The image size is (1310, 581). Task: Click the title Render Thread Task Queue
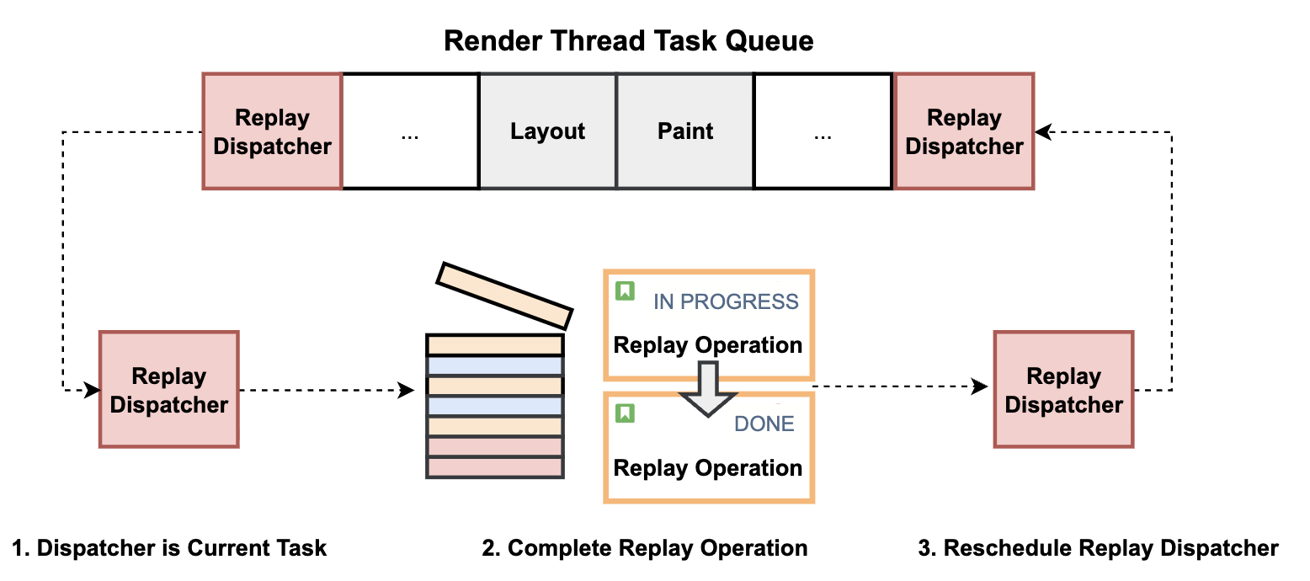(x=628, y=40)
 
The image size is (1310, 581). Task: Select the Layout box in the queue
(x=547, y=131)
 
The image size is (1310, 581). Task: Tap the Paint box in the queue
(x=685, y=131)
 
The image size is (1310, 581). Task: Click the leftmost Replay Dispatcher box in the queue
(x=272, y=131)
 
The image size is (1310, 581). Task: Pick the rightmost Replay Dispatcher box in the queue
(x=964, y=131)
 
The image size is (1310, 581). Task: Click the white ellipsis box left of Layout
(x=410, y=131)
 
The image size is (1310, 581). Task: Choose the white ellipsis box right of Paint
(x=823, y=131)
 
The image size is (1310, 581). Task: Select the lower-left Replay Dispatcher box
(x=169, y=390)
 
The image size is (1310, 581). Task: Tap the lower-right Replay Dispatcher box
(x=1063, y=390)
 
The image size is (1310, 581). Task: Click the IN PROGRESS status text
(x=726, y=301)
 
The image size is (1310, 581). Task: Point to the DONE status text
(x=764, y=424)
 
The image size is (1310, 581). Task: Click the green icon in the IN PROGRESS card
(x=625, y=291)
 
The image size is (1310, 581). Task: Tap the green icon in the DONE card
(x=625, y=413)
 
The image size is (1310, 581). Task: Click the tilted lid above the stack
(x=504, y=295)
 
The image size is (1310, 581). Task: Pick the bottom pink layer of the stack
(x=494, y=467)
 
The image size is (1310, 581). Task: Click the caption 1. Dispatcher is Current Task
(x=170, y=548)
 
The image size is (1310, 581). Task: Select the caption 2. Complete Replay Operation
(x=645, y=548)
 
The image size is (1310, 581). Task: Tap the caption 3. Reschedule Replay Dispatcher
(x=1098, y=548)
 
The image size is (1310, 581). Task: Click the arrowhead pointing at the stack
(x=407, y=390)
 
